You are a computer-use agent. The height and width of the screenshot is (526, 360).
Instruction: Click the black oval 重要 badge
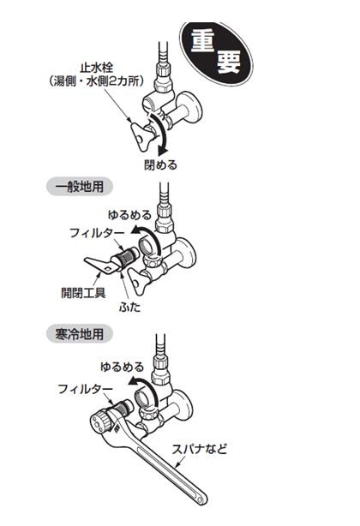click(x=216, y=54)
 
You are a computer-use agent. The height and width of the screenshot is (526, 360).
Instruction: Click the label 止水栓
click(x=97, y=68)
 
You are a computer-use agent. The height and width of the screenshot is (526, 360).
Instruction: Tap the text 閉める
click(x=160, y=164)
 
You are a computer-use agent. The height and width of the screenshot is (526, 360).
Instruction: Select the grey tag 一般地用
click(x=80, y=186)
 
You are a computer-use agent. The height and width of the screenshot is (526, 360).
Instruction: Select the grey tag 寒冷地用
click(x=80, y=334)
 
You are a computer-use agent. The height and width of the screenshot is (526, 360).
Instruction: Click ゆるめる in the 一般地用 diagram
click(x=129, y=215)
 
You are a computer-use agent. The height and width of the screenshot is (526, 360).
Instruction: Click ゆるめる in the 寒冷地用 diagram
click(x=122, y=367)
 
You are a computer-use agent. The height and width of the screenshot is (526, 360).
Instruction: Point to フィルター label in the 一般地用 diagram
click(x=97, y=233)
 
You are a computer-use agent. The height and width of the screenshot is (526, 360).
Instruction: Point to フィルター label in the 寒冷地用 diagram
click(x=85, y=389)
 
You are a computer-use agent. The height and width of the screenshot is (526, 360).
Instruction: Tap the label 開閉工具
click(x=83, y=293)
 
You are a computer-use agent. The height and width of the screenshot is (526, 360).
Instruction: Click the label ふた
click(x=129, y=307)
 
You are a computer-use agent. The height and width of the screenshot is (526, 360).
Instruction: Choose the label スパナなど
click(x=200, y=449)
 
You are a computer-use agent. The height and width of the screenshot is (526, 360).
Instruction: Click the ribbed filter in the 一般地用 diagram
click(x=126, y=257)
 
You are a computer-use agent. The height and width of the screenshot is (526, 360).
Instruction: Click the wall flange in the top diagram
click(x=192, y=109)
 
